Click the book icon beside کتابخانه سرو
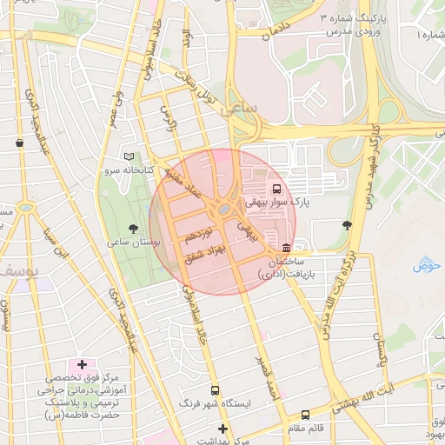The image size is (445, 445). [130, 156]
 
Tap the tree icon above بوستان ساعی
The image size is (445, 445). [133, 229]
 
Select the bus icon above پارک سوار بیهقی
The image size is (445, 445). [276, 188]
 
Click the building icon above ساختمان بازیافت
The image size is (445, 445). [287, 248]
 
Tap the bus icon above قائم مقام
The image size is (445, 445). [305, 415]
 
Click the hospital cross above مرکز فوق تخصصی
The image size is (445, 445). [82, 364]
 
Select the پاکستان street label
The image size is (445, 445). [379, 349]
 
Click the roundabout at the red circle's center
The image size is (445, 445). [223, 209]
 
